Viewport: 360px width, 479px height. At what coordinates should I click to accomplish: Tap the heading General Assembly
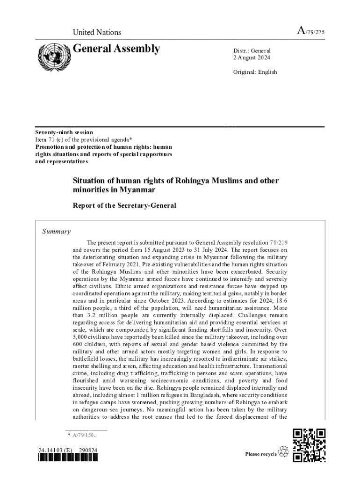pyautogui.click(x=116, y=49)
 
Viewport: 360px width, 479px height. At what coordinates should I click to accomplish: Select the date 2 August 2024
pyautogui.click(x=252, y=58)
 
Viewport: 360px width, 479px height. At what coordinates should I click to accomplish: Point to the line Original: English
pyautogui.click(x=255, y=72)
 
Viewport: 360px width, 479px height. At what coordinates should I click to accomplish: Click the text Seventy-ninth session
pyautogui.click(x=64, y=132)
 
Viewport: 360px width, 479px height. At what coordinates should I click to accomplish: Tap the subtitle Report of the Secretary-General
pyautogui.click(x=124, y=205)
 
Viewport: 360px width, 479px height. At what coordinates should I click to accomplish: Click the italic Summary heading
pyautogui.click(x=57, y=231)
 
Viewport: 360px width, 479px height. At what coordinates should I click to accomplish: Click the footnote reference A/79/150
pyautogui.click(x=84, y=435)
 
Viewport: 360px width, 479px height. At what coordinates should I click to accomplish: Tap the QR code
pyautogui.click(x=309, y=445)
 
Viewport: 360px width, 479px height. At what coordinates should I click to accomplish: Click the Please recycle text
pyautogui.click(x=261, y=454)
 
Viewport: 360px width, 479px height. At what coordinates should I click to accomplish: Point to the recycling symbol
pyautogui.click(x=284, y=452)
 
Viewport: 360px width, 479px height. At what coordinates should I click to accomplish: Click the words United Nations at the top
pyautogui.click(x=97, y=32)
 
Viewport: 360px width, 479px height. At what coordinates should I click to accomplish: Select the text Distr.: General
pyautogui.click(x=252, y=51)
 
